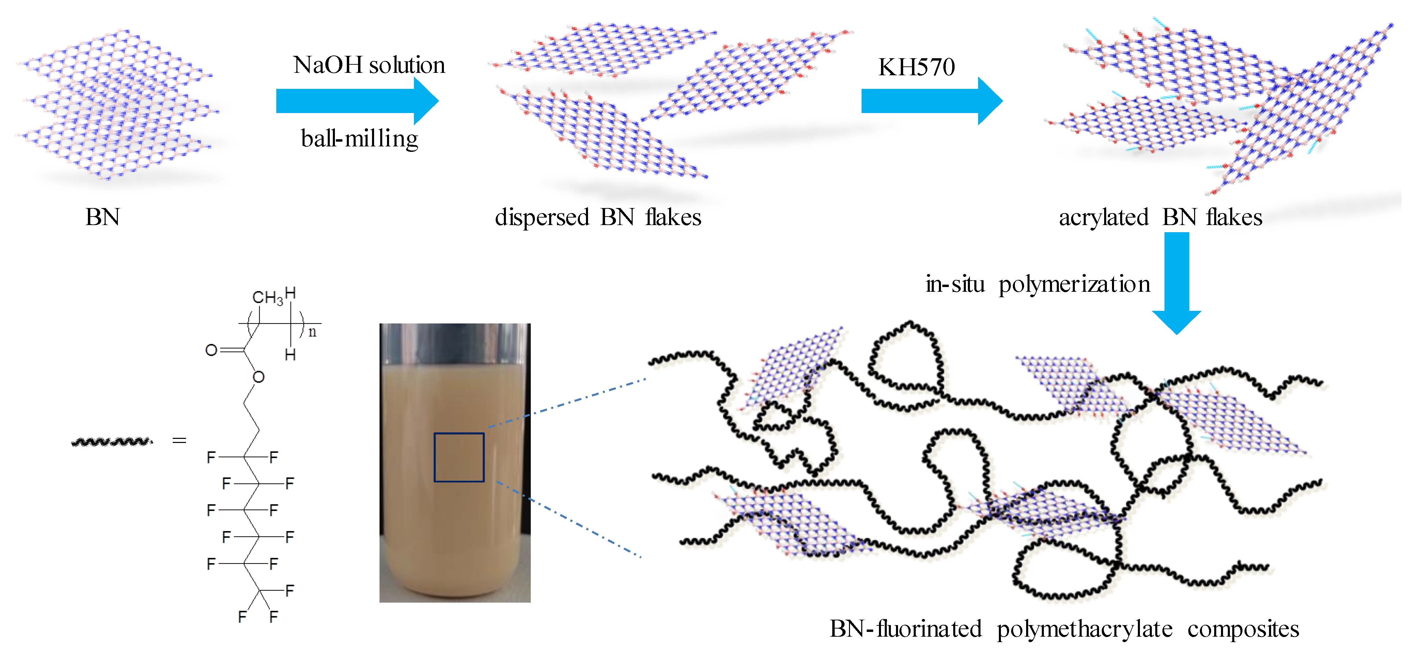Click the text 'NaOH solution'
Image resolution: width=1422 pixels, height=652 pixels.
coord(369,65)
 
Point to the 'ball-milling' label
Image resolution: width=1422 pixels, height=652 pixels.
coord(359,139)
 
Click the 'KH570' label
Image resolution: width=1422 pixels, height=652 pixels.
coord(916,67)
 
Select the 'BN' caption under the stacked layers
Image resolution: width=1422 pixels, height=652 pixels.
coord(103,217)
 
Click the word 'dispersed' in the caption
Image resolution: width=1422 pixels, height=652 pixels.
coord(542,217)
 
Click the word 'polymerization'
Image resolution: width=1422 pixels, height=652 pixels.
coord(1074,284)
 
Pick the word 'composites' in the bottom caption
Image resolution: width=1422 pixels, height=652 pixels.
coord(1243,629)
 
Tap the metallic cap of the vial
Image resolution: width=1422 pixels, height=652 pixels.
coord(455,343)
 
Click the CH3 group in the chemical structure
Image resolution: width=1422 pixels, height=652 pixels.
coord(267,298)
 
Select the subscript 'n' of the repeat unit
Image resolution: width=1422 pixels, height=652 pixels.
coord(312,332)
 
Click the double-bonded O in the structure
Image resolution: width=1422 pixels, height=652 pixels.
coord(211,350)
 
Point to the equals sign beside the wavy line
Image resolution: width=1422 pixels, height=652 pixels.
coord(180,440)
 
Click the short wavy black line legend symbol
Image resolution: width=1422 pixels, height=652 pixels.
coord(112,441)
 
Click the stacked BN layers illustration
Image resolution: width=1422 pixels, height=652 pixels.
coord(116,105)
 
